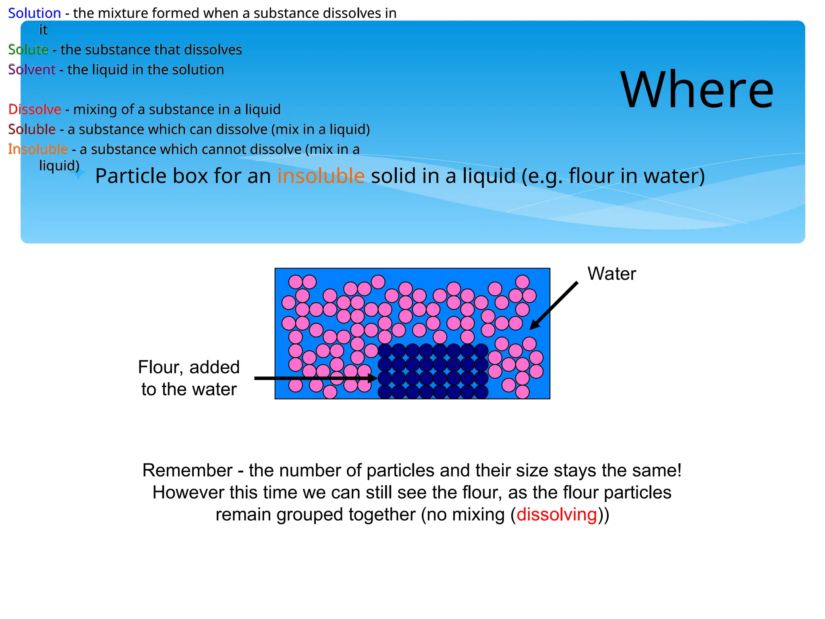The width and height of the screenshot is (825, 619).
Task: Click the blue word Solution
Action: tap(34, 13)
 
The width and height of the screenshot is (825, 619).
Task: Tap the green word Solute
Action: tap(28, 50)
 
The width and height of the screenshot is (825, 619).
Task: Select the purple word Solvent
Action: tap(31, 70)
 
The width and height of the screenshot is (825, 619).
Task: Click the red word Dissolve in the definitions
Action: tap(35, 109)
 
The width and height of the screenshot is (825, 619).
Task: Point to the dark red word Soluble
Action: tap(32, 129)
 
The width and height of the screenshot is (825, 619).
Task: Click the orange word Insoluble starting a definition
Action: tap(38, 149)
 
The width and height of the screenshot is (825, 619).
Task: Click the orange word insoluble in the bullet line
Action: tap(321, 176)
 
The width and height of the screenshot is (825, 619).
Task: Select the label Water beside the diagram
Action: tap(611, 274)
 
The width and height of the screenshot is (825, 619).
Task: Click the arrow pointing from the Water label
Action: tap(554, 305)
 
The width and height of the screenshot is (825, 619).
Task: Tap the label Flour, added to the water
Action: tap(189, 378)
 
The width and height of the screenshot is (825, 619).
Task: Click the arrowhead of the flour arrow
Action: tap(373, 378)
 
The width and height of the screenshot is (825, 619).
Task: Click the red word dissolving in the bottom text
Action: tap(556, 515)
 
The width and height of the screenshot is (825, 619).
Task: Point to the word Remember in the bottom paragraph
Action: tap(187, 471)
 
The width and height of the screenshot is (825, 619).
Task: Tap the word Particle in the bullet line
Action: tap(131, 176)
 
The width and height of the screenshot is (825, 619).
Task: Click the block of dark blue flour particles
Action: tap(433, 371)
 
